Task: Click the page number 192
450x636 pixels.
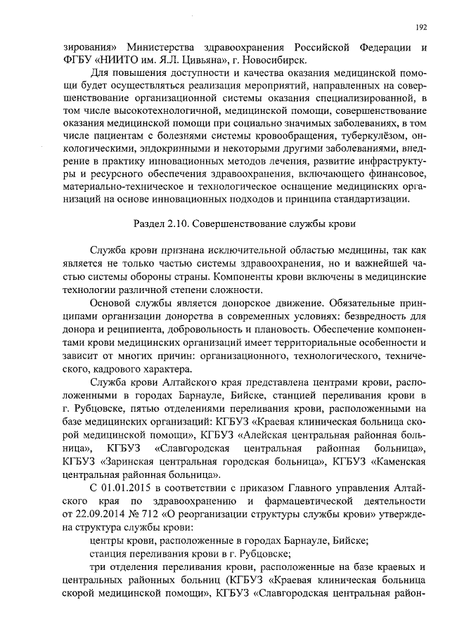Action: tap(421, 27)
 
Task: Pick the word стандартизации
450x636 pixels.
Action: tap(368, 199)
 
